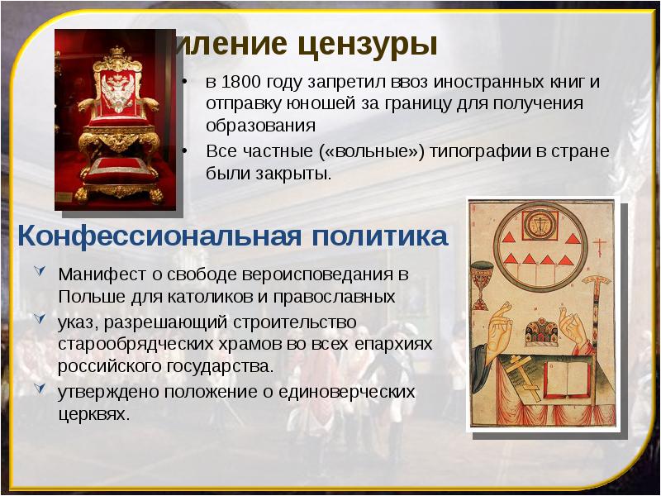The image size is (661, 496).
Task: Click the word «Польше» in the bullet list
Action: pyautogui.click(x=87, y=295)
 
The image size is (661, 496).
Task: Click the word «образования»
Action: pyautogui.click(x=261, y=126)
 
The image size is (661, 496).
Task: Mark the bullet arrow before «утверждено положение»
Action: pyautogui.click(x=40, y=388)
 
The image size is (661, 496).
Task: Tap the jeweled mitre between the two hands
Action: pyautogui.click(x=541, y=329)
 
